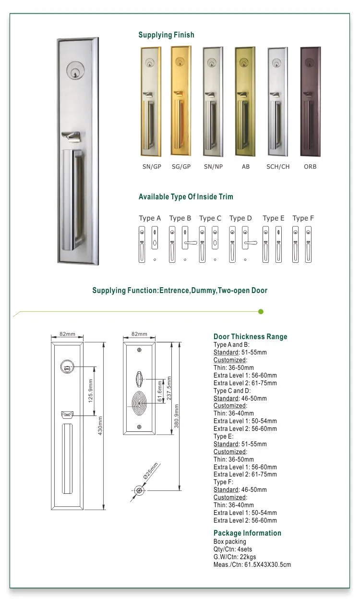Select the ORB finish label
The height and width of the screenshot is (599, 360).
(x=310, y=167)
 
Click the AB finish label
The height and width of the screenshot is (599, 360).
(x=246, y=167)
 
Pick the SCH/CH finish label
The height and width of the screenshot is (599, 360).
(x=278, y=167)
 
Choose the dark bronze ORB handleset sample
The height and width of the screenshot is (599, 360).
(x=310, y=101)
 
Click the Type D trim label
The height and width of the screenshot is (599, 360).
(x=240, y=218)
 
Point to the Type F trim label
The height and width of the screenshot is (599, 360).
(x=303, y=218)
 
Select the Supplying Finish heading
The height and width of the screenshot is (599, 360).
(x=166, y=35)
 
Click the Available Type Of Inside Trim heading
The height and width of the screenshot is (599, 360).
(x=186, y=197)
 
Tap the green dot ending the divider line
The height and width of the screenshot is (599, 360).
(x=261, y=312)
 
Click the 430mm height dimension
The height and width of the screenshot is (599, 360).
(x=101, y=425)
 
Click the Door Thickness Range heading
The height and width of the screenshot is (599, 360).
(x=250, y=337)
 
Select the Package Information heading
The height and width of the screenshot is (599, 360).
(x=247, y=533)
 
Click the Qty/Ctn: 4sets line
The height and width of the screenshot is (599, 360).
(x=233, y=549)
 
